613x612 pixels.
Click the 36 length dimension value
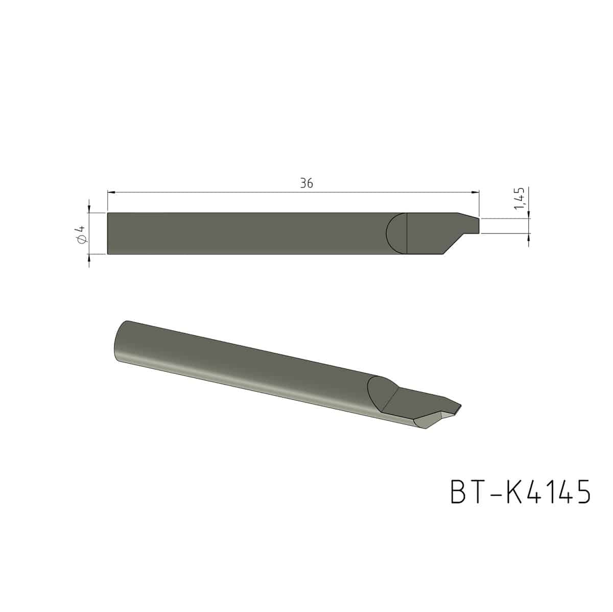[x=306, y=183]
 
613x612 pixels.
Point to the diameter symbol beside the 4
[x=81, y=239]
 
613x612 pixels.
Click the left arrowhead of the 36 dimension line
[x=111, y=192]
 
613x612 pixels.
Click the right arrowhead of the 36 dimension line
[x=475, y=192]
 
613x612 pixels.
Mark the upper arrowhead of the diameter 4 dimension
[x=89, y=208]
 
